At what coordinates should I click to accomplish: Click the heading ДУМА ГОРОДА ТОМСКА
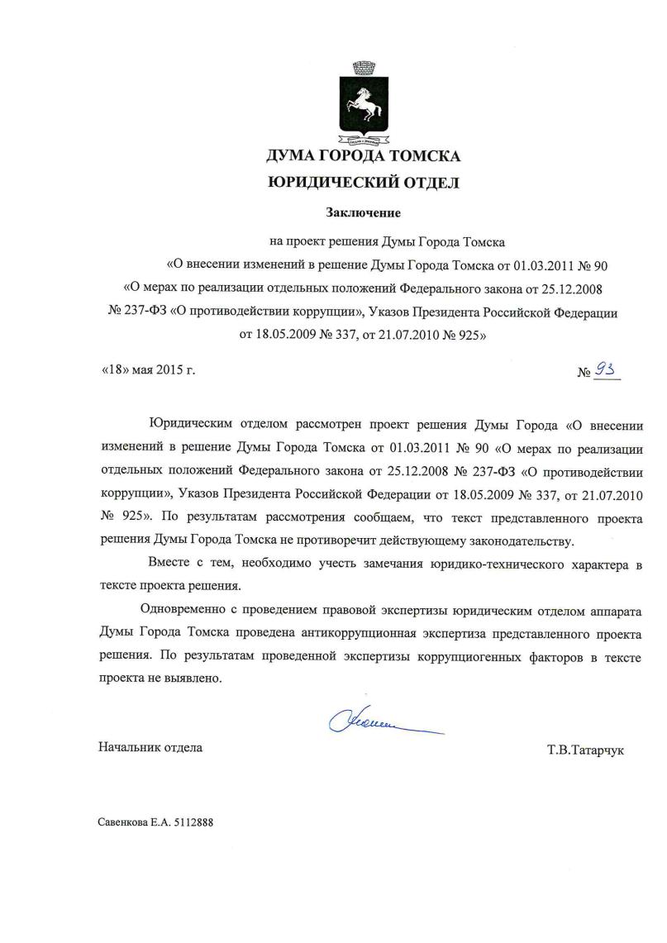tap(364, 156)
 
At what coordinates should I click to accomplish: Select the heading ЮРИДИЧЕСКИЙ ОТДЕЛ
tap(364, 183)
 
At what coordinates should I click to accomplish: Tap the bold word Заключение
tap(363, 213)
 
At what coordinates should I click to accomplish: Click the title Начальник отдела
tap(150, 748)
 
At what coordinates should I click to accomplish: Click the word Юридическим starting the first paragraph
tap(193, 425)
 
